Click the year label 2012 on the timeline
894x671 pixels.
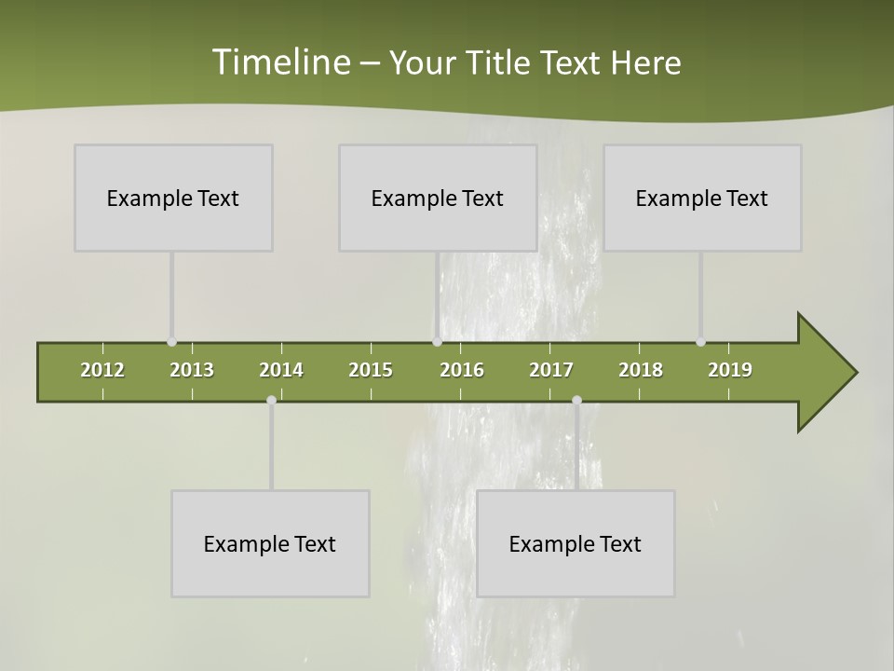click(x=102, y=370)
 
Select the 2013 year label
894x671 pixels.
click(x=192, y=370)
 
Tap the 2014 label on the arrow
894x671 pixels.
click(x=281, y=370)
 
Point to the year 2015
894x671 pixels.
click(x=371, y=370)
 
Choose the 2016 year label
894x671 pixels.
click(x=462, y=370)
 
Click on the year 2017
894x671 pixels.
click(x=551, y=370)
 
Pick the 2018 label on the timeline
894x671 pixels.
click(x=641, y=370)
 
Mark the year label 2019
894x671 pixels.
click(x=730, y=370)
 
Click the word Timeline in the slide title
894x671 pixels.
click(x=279, y=62)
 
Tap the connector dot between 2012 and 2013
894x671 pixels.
click(x=172, y=342)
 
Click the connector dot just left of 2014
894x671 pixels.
click(x=271, y=400)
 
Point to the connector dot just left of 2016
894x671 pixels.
click(x=437, y=342)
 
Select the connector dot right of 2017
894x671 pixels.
click(x=576, y=400)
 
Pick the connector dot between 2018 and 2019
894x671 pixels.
click(x=700, y=342)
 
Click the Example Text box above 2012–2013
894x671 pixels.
click(x=173, y=198)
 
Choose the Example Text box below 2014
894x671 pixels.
click(x=270, y=543)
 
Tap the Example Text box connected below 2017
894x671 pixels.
click(x=576, y=543)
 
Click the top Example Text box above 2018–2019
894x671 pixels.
click(x=702, y=198)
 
